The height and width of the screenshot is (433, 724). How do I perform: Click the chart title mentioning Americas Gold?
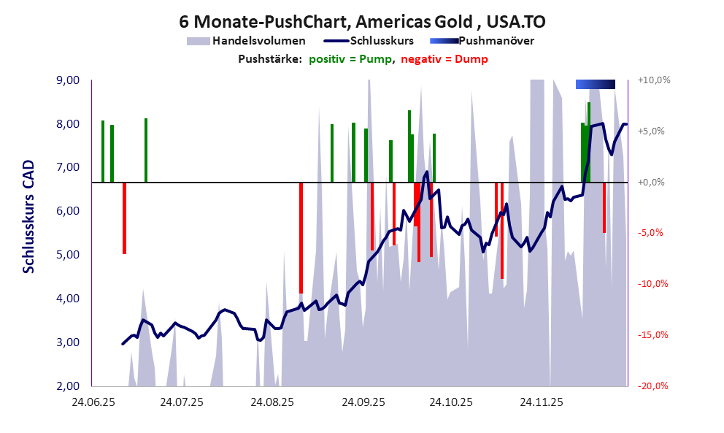pos(362,23)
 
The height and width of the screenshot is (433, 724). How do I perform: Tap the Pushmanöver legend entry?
pos(496,41)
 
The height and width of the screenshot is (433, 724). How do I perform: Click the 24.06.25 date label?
pos(92,402)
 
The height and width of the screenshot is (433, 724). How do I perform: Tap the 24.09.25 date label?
pos(363,402)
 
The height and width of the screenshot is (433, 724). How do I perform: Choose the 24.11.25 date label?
pos(541,402)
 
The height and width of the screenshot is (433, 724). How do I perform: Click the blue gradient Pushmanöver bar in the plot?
pos(595,85)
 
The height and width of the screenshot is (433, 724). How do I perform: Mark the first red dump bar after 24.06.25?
pos(124,218)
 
